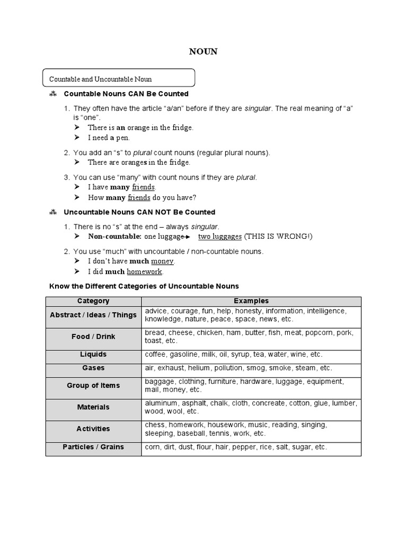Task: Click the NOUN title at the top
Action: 203,51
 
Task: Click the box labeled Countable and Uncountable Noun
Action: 119,79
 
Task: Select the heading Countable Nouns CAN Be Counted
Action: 126,94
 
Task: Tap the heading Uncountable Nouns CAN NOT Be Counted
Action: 139,212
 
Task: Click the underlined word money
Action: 163,261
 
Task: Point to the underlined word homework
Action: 145,272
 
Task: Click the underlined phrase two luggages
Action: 219,236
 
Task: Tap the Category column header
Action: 93,301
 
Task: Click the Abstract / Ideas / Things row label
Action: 93,315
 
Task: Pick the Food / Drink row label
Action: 93,337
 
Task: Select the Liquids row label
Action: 93,354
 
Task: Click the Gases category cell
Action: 93,368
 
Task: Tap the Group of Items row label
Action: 93,385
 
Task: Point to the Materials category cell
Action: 93,407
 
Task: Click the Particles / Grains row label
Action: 93,447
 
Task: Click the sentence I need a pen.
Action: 108,138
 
